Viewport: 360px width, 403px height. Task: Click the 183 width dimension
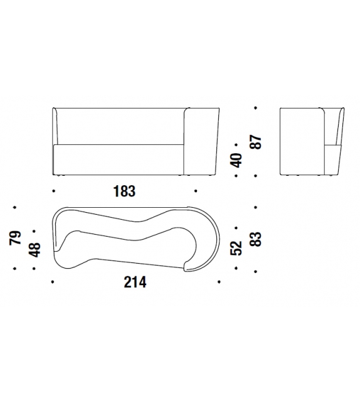(x=124, y=191)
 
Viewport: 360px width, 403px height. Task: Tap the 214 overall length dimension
(x=135, y=282)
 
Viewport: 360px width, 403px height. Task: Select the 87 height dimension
(x=256, y=142)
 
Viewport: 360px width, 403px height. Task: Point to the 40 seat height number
(x=236, y=160)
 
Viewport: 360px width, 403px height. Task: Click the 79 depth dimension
(x=15, y=238)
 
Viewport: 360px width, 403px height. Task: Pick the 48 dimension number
(x=34, y=250)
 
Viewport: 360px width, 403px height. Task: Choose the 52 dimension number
(x=236, y=249)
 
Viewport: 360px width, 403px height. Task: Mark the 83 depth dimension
(x=256, y=239)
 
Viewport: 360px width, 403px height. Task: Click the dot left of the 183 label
(x=53, y=191)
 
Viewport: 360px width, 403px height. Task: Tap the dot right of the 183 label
(x=196, y=191)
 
